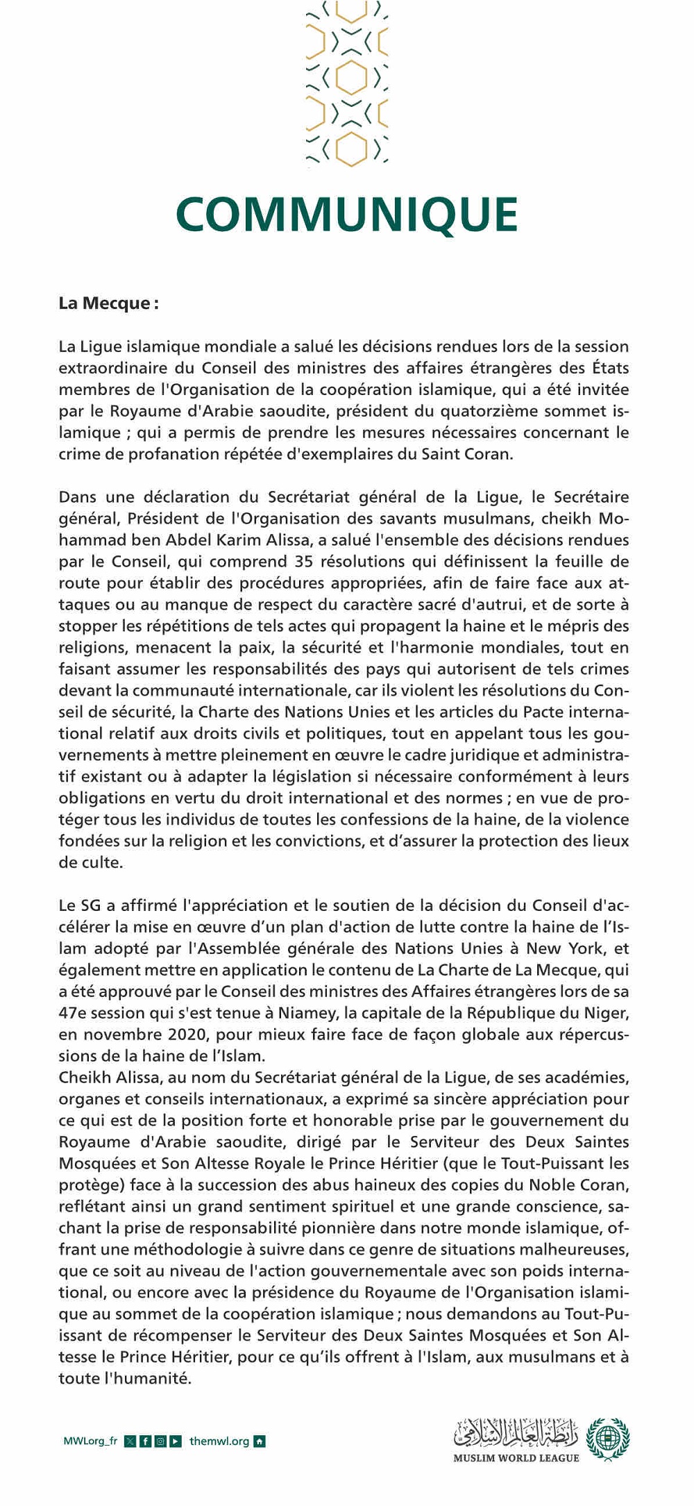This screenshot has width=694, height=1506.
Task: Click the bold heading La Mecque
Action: pyautogui.click(x=108, y=303)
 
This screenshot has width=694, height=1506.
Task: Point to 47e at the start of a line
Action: pyautogui.click(x=72, y=1012)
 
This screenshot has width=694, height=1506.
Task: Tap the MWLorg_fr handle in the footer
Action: pyautogui.click(x=90, y=1441)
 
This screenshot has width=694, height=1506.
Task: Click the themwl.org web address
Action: pyautogui.click(x=219, y=1441)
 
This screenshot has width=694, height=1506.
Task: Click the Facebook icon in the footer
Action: pyautogui.click(x=145, y=1441)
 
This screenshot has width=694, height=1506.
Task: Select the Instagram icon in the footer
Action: pyautogui.click(x=160, y=1441)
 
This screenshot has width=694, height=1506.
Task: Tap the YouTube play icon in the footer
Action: pyautogui.click(x=176, y=1441)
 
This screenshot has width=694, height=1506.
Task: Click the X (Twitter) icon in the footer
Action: pyautogui.click(x=130, y=1441)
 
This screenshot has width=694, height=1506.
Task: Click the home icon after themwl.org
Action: pyautogui.click(x=260, y=1441)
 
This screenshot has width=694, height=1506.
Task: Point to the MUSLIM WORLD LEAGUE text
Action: pyautogui.click(x=516, y=1458)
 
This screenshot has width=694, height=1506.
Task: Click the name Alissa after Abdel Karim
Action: pyautogui.click(x=290, y=539)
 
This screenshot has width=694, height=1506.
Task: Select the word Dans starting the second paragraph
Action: pyautogui.click(x=77, y=496)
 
